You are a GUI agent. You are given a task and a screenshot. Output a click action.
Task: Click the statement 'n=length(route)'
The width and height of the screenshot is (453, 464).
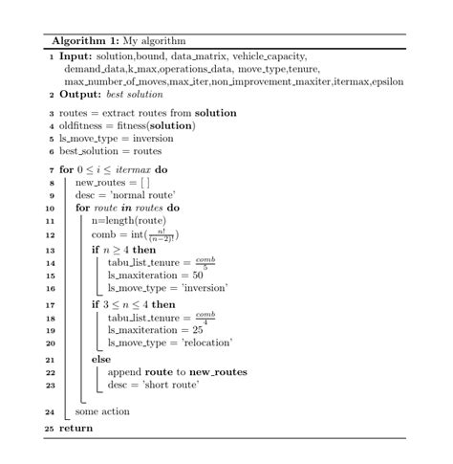(133, 221)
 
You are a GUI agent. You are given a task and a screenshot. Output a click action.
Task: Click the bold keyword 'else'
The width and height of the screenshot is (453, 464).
(101, 360)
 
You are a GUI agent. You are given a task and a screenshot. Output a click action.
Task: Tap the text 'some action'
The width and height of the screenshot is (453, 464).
(102, 412)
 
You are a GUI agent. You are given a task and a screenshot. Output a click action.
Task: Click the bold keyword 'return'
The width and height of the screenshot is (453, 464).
(75, 428)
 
